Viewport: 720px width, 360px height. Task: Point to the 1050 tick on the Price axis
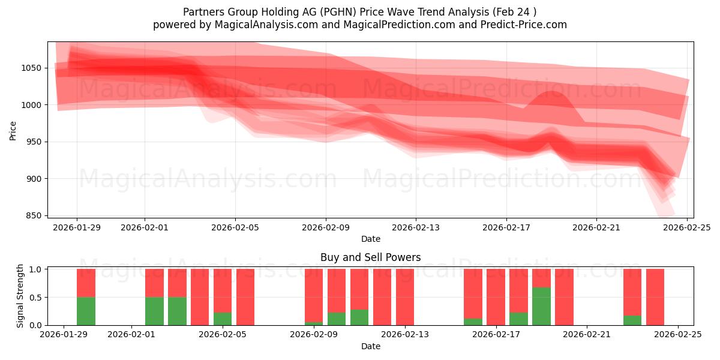coord(32,68)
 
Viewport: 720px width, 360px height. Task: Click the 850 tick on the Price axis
coord(34,215)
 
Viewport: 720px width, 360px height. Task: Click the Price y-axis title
coord(13,130)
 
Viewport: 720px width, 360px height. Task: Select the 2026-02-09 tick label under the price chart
coord(326,227)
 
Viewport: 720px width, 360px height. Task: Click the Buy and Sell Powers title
coord(370,257)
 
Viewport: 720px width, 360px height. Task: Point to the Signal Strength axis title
coord(20,295)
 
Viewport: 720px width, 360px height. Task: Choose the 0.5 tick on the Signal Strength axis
coord(34,297)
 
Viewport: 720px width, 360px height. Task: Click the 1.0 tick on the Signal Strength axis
coord(34,269)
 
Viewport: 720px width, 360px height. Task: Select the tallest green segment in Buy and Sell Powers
coord(542,306)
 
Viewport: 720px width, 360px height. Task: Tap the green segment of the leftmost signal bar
coord(86,311)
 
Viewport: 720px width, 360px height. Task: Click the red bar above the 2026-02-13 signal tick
coord(405,297)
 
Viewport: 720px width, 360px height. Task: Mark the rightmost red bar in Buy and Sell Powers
coord(655,297)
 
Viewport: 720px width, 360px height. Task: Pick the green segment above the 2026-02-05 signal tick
coord(223,319)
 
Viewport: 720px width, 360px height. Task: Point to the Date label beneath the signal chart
coord(370,346)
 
